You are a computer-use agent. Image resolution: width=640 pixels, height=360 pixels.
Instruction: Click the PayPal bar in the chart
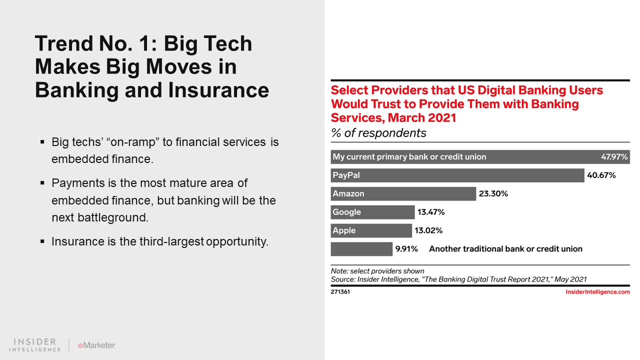coord(457,175)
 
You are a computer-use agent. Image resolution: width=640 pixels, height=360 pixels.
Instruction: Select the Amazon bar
coord(403,193)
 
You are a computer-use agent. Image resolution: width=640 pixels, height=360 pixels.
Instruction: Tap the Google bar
coord(372,212)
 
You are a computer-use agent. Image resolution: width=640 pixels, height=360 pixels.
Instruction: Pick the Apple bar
coord(371,230)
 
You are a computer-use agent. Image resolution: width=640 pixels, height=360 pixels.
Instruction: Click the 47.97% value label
coord(614,157)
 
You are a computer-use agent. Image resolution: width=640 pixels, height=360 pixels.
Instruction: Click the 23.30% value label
coord(493,194)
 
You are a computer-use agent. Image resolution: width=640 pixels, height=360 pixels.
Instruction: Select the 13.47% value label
coord(431,212)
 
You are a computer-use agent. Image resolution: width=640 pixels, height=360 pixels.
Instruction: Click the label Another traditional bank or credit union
coord(505,249)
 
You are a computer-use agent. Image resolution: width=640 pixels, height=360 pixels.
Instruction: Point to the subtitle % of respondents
coord(378,133)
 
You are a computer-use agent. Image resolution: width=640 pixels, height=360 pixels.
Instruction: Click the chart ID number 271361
coord(340,292)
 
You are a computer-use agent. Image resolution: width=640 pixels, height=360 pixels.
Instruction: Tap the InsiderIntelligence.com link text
coord(597,292)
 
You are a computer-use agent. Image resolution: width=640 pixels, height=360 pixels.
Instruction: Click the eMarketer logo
coord(96,345)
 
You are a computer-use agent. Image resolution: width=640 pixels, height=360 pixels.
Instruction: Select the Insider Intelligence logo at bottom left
coord(35,345)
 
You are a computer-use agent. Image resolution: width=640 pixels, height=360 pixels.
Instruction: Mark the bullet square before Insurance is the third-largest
coord(42,241)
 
